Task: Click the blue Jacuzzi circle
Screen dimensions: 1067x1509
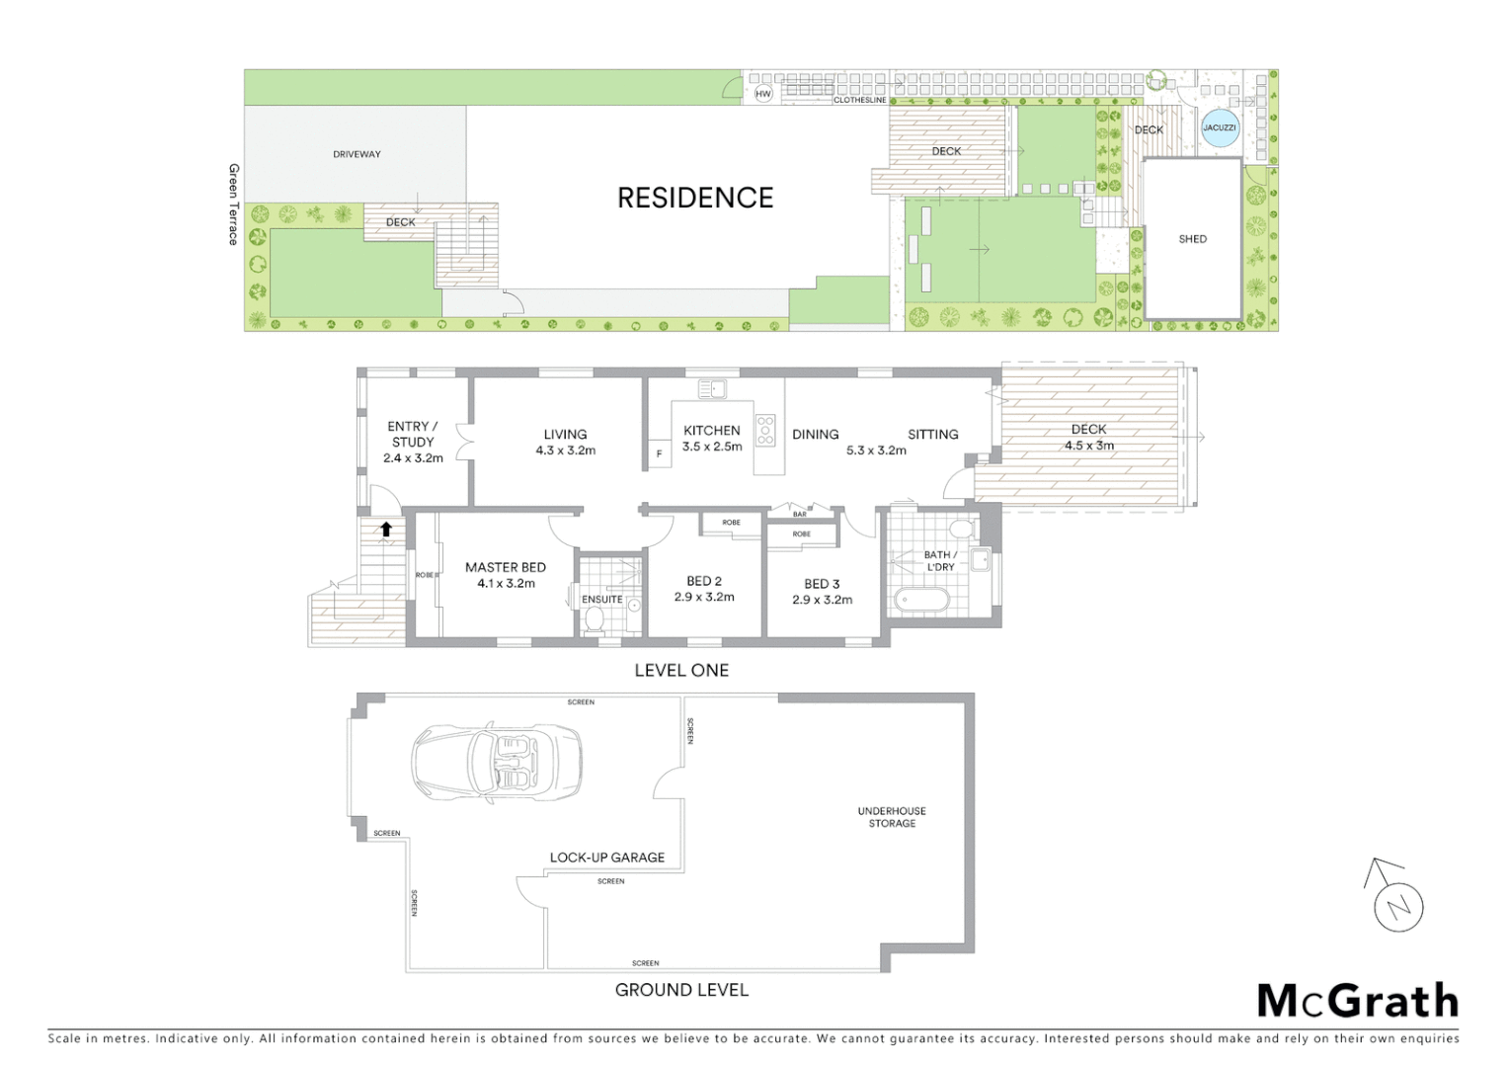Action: click(1220, 128)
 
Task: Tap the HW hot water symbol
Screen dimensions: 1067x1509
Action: click(763, 94)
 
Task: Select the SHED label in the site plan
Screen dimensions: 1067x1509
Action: click(1192, 239)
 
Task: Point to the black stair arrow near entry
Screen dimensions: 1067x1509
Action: click(386, 530)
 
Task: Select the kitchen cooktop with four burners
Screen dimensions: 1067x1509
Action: click(766, 431)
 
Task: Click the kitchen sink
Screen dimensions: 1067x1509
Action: click(712, 389)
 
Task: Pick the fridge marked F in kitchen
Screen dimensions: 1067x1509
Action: click(660, 454)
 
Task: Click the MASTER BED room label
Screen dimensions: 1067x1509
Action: click(506, 568)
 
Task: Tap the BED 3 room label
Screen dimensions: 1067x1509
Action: click(822, 584)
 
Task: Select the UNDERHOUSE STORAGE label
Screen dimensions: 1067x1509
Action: click(892, 817)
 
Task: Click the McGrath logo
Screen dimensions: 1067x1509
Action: click(1357, 1001)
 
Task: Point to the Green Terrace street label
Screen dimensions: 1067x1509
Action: click(234, 205)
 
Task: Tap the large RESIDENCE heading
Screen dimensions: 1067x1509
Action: click(695, 199)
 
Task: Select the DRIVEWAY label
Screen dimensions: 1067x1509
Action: click(357, 154)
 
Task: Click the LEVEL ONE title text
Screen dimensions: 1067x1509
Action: click(681, 671)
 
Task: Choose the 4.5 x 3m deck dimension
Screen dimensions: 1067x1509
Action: click(1088, 446)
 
